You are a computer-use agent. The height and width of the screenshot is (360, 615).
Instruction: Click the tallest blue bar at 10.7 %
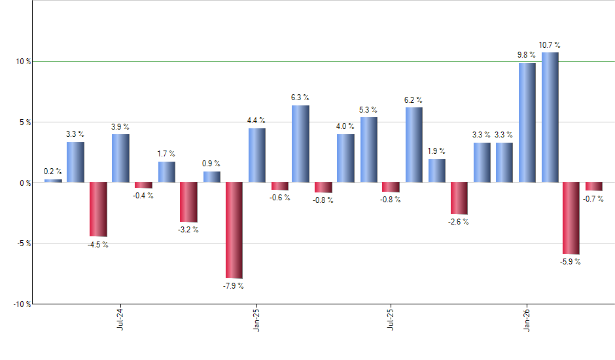click(550, 117)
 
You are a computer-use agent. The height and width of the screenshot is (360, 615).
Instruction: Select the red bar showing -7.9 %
click(234, 230)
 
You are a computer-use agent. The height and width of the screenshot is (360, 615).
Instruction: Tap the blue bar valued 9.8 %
click(527, 122)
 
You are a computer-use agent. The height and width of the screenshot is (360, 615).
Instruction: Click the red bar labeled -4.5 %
click(98, 209)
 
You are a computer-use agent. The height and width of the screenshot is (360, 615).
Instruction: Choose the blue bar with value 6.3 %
click(301, 144)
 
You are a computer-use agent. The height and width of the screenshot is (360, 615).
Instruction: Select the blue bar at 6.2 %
click(414, 145)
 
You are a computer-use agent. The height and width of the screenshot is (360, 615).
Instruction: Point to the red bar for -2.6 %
click(459, 198)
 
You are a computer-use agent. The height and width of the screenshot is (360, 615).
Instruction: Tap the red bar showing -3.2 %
click(188, 202)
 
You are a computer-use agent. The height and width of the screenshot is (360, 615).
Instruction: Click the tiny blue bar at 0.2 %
click(53, 181)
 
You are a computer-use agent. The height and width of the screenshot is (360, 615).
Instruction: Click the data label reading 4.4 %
click(256, 120)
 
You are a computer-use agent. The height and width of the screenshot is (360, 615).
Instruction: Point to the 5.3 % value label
click(368, 109)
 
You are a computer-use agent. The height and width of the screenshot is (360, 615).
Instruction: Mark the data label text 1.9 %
click(436, 151)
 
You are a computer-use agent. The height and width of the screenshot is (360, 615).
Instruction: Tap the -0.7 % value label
click(594, 199)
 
